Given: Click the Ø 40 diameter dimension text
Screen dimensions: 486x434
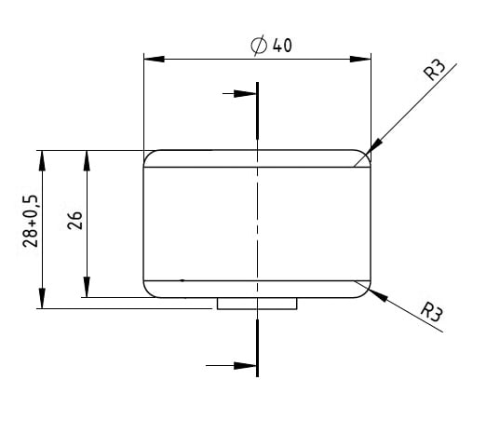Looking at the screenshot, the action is coord(271,45).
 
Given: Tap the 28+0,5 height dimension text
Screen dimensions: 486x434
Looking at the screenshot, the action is coord(31,221).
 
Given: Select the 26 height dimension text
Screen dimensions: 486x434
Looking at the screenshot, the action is coord(74,221).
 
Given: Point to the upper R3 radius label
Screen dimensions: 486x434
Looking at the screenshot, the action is coord(435,70).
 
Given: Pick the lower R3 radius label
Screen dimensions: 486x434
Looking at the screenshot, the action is coord(431,311).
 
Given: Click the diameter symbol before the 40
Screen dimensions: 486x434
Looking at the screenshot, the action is coord(259,45).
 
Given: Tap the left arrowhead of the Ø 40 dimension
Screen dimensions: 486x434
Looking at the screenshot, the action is coord(155,59).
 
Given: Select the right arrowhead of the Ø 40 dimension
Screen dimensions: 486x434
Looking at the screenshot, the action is coord(360,59).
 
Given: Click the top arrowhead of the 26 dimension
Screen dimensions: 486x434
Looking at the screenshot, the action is coord(87,161).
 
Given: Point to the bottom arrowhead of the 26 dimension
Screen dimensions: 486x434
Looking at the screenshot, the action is coord(87,287).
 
